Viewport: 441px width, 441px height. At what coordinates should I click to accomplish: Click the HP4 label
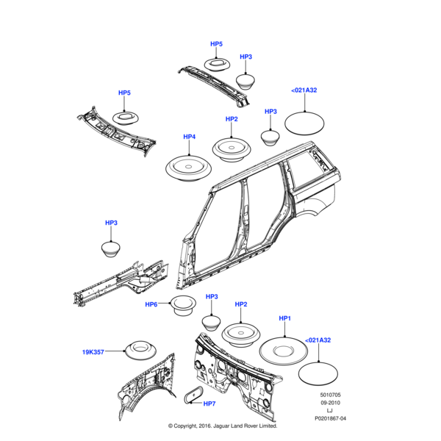coord(189,137)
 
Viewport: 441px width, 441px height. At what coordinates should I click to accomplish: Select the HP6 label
coord(151,305)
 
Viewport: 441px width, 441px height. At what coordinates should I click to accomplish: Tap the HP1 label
coord(285,318)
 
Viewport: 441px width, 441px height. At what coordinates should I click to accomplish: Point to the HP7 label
coord(209,404)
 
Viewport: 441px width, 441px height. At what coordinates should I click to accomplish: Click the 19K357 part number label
coord(93,352)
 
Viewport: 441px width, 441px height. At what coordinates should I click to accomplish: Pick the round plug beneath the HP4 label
coord(189,167)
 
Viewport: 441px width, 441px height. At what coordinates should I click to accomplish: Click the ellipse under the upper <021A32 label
coord(304,120)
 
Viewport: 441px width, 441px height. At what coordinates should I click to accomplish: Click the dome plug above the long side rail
coord(111,248)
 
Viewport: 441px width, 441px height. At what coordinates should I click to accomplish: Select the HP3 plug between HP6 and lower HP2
coord(212,322)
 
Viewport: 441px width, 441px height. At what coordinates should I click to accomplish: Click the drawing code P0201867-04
coord(329,417)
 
